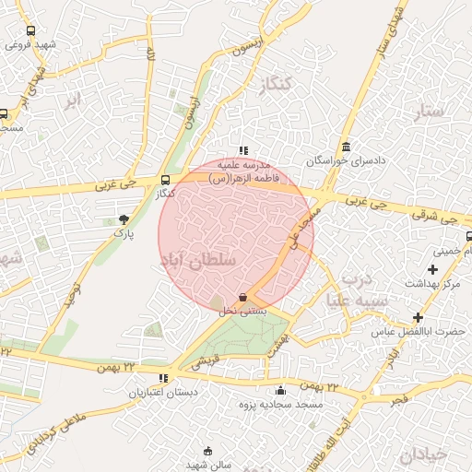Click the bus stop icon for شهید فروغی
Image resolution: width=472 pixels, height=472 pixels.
point(31,29)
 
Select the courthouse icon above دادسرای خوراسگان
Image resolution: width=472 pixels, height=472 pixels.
point(346,147)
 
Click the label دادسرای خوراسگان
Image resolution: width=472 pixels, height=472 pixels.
point(347,160)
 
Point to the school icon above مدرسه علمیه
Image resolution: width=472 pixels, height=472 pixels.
point(242,149)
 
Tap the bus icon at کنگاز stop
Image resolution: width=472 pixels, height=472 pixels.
point(165,180)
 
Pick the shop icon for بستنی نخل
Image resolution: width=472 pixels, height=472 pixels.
point(242,297)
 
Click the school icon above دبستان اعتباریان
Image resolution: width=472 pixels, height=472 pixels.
point(163,378)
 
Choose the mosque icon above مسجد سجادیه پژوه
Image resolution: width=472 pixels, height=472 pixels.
point(280,390)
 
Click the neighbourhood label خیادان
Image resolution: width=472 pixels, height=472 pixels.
point(424,454)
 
